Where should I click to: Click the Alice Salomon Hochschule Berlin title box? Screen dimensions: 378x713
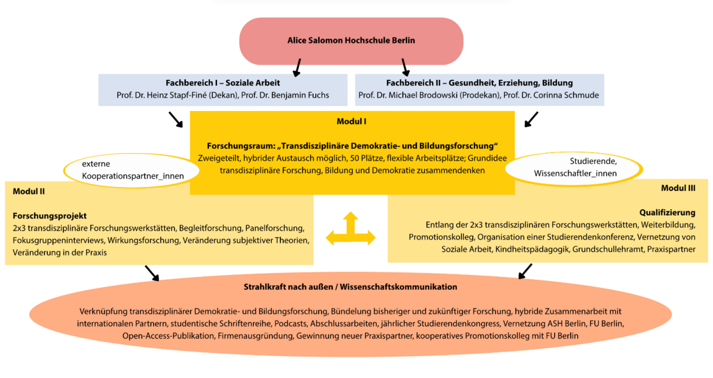click(351, 41)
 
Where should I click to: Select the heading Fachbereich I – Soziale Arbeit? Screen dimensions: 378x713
click(222, 83)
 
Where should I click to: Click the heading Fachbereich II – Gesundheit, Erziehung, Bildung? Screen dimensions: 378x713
click(480, 83)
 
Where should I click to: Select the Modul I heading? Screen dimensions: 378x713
click(352, 121)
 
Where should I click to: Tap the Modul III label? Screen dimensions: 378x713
click(678, 188)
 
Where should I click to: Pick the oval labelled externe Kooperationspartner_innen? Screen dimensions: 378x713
click(132, 170)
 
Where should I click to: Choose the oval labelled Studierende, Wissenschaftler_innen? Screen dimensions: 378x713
click(575, 168)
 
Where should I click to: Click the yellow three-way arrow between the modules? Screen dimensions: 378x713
click(350, 230)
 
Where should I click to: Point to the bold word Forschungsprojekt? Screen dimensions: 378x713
click(49, 216)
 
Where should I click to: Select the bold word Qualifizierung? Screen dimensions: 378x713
click(667, 213)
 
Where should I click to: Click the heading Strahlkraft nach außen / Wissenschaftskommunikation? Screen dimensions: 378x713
click(350, 287)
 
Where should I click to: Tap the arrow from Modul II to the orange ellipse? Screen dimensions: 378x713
click(151, 273)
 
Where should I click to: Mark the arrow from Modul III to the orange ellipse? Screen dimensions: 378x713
click(525, 271)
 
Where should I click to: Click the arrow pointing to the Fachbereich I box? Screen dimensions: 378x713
click(297, 66)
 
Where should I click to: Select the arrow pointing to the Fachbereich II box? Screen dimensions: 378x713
click(404, 66)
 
